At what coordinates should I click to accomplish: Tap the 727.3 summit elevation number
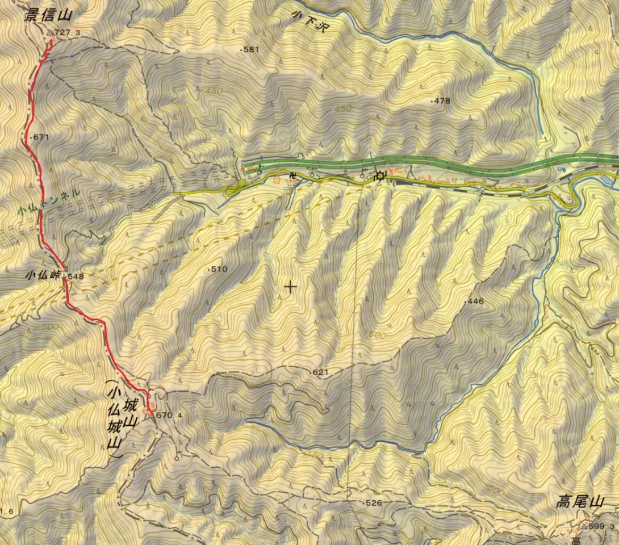click(67, 33)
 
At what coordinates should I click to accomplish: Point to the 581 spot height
click(250, 49)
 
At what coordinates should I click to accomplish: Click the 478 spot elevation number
click(442, 101)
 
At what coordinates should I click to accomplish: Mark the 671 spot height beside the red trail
click(41, 137)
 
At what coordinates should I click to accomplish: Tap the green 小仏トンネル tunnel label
click(48, 201)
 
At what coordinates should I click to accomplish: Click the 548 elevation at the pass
click(75, 276)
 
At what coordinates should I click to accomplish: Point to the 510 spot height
click(219, 269)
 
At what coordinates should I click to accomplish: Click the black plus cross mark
click(290, 287)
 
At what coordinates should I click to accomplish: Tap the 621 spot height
click(321, 372)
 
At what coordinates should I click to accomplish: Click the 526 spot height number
click(374, 503)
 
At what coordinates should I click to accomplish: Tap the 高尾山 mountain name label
click(579, 502)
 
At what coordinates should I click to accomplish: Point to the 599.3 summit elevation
click(603, 527)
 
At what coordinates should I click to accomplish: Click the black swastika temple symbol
click(294, 175)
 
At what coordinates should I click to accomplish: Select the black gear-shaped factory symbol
click(379, 176)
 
